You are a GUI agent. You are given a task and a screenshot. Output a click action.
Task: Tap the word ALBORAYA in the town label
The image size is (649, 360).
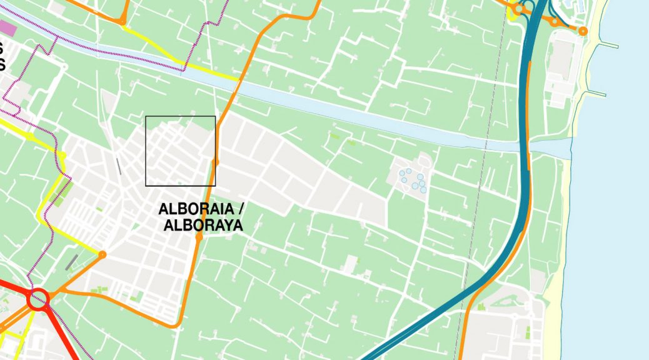(203, 225)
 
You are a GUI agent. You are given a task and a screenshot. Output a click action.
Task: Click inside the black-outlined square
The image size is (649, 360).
(180, 151)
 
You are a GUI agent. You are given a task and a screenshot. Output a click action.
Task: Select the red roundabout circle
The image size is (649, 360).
(38, 299)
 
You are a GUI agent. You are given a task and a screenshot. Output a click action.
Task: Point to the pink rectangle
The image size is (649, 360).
(8, 27)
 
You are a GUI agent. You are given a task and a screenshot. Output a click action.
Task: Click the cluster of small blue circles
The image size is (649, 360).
(413, 180)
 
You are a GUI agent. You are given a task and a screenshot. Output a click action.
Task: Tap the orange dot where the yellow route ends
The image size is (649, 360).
(102, 254)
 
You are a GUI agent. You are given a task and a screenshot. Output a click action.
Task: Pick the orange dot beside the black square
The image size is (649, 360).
(216, 162)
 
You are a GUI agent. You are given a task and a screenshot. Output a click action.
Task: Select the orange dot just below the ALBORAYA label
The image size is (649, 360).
(199, 237)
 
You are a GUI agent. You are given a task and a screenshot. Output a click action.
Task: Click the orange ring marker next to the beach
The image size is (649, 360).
(583, 31)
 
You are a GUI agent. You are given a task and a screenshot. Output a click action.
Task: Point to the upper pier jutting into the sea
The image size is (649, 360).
(608, 44)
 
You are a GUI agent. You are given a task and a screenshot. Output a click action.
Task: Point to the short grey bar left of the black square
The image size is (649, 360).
(118, 166)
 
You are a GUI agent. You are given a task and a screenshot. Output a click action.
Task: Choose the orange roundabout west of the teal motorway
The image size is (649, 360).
(518, 9)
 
